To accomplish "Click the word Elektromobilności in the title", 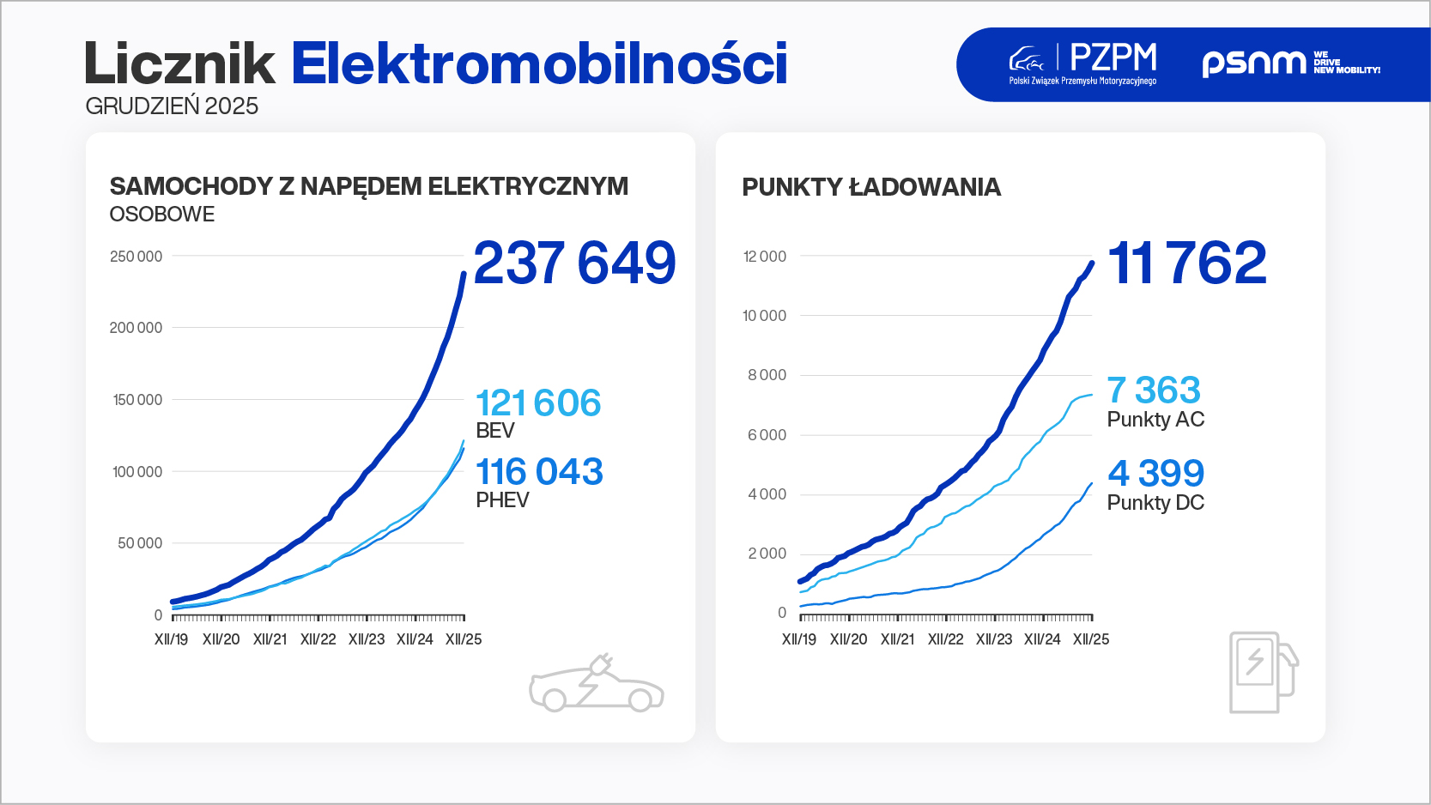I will [x=539, y=64].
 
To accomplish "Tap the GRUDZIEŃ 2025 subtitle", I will [x=172, y=106].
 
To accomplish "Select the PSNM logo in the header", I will [x=1290, y=64].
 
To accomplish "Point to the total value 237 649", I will [x=574, y=263].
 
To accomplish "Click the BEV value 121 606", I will [x=538, y=403].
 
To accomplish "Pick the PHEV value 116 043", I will [x=539, y=472].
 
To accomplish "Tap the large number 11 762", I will [x=1187, y=263].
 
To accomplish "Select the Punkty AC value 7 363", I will [x=1154, y=390].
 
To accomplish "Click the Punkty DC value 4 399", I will [x=1155, y=474].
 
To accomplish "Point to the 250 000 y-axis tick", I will [x=136, y=257].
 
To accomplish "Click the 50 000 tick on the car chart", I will [x=140, y=543].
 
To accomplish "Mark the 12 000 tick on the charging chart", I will [x=765, y=257].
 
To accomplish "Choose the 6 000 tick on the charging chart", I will [x=767, y=435].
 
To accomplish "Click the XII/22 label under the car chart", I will [x=318, y=639].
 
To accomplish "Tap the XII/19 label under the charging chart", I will [x=799, y=639].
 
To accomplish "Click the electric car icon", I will [x=596, y=684].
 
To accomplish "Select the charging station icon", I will [x=1263, y=672].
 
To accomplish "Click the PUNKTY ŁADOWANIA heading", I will [x=871, y=187].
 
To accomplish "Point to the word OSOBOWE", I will [x=162, y=215].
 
